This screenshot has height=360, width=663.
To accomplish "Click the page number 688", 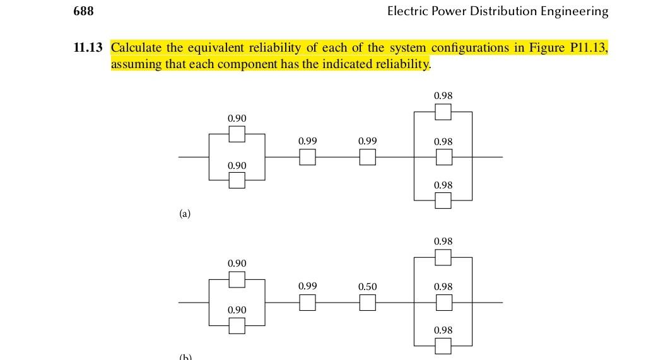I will [84, 11].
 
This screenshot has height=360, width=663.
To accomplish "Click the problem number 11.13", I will [88, 48].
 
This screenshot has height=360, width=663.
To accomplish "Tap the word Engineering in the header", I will [576, 11].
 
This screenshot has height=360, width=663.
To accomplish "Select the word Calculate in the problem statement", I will [136, 48].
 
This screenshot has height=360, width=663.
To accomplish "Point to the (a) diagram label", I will [184, 214].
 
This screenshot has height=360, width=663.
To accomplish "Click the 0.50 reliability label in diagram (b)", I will [367, 287].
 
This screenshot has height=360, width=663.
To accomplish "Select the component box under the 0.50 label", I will [368, 303].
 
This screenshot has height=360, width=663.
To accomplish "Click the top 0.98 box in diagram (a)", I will [443, 112].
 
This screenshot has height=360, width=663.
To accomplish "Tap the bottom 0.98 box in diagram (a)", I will [443, 200].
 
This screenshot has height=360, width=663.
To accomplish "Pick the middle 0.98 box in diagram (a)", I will [443, 157].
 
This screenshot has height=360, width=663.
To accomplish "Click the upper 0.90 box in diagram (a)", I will [237, 134].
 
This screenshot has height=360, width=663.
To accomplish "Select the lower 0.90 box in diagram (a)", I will [237, 180].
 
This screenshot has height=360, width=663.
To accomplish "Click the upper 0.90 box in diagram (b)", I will [237, 279].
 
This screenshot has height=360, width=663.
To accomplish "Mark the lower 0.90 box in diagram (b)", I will [237, 325].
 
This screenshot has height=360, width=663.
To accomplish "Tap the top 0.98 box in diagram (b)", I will [443, 257].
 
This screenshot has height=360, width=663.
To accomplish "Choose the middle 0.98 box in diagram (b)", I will [443, 303].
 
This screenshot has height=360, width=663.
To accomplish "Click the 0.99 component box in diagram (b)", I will [307, 303].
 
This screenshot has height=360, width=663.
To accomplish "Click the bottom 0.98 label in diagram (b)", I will [443, 330].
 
